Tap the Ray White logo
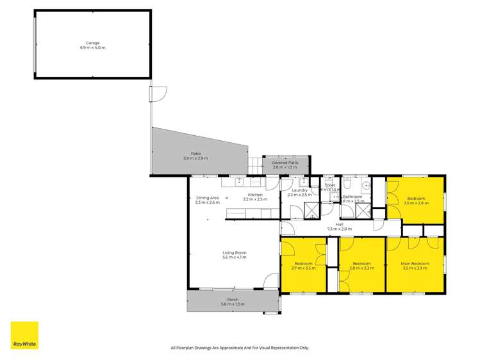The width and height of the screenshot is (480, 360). [24, 336]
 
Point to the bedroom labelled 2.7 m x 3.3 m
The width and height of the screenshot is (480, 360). [303, 265]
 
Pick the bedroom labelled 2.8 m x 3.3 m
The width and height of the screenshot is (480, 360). [361, 265]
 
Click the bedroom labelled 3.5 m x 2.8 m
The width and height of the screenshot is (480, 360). [415, 200]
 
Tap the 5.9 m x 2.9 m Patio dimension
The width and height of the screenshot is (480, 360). [195, 158]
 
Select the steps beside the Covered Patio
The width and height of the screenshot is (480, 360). [256, 165]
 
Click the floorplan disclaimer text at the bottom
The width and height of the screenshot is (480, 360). [240, 348]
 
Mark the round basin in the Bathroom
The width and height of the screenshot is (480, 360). [365, 188]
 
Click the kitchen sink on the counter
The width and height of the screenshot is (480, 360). [238, 182]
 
